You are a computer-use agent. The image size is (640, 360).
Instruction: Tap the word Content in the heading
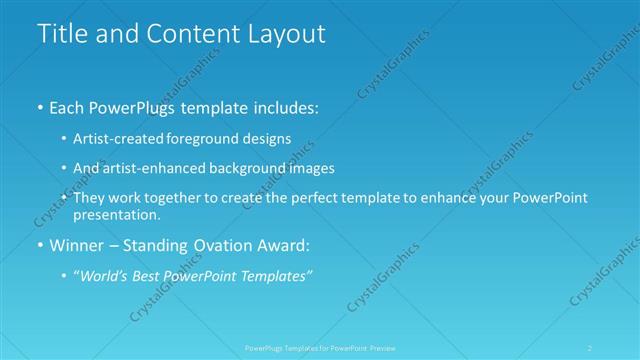pos(187,33)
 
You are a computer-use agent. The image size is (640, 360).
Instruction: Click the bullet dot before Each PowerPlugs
pos(39,105)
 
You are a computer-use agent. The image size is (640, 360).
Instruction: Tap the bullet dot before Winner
pos(39,245)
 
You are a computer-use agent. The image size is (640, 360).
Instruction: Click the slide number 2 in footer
pos(590,348)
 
